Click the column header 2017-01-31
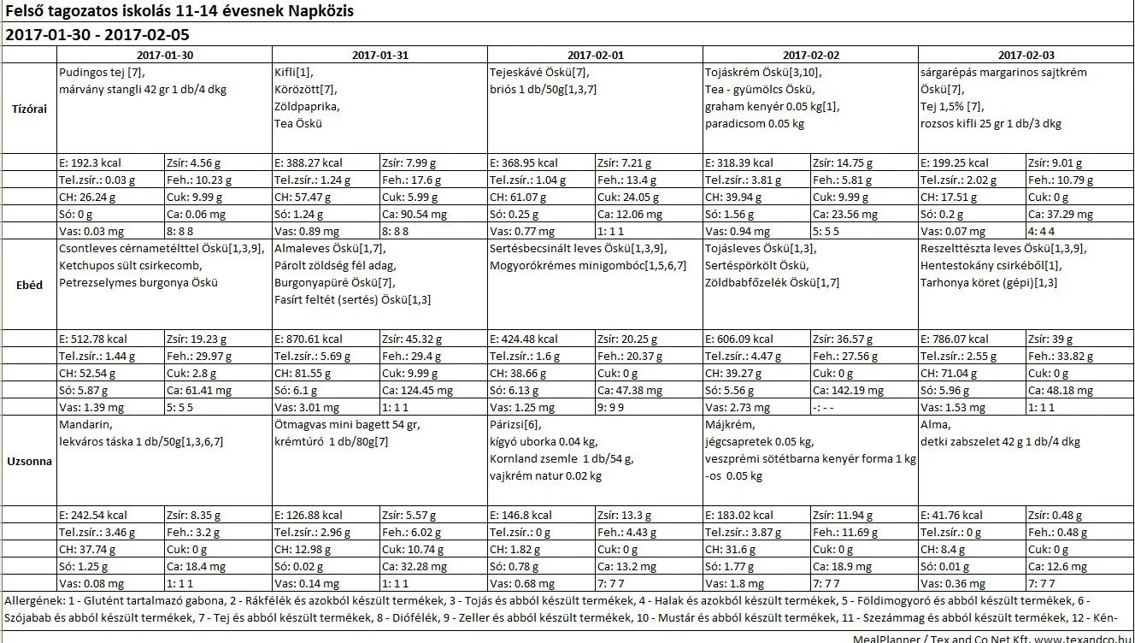(379, 55)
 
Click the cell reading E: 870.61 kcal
(309, 339)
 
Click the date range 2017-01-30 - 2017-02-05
(97, 35)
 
